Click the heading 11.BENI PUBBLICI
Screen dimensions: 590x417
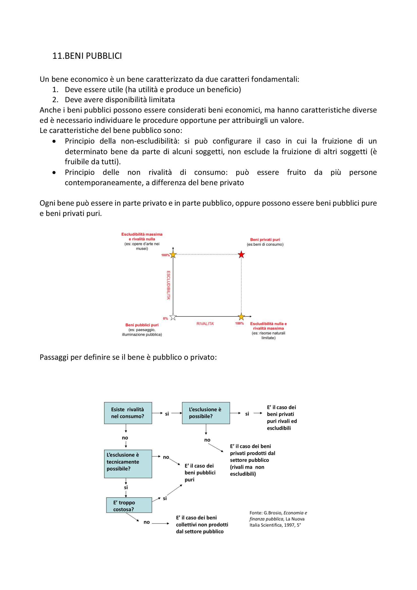[87, 56]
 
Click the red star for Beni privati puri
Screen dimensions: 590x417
[241, 255]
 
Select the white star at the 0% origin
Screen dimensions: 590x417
[173, 317]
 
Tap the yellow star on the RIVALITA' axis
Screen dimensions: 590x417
[241, 317]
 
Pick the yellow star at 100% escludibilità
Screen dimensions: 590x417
[173, 255]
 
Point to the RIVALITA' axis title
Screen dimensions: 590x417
[205, 324]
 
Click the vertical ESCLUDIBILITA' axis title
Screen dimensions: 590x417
[169, 285]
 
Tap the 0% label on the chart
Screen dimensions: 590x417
[165, 319]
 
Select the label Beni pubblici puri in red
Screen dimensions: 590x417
[142, 325]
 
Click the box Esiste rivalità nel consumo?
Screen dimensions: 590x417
[128, 413]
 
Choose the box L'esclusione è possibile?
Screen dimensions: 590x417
[206, 413]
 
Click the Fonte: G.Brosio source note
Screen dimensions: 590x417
[278, 519]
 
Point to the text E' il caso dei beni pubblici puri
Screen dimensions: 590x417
[200, 472]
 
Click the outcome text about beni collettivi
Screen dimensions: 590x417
[202, 524]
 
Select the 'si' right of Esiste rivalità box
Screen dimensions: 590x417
[167, 414]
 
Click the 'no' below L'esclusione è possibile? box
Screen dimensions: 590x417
[207, 440]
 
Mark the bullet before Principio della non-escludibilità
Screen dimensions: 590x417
[54, 141]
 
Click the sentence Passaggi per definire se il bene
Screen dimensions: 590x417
[128, 357]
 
